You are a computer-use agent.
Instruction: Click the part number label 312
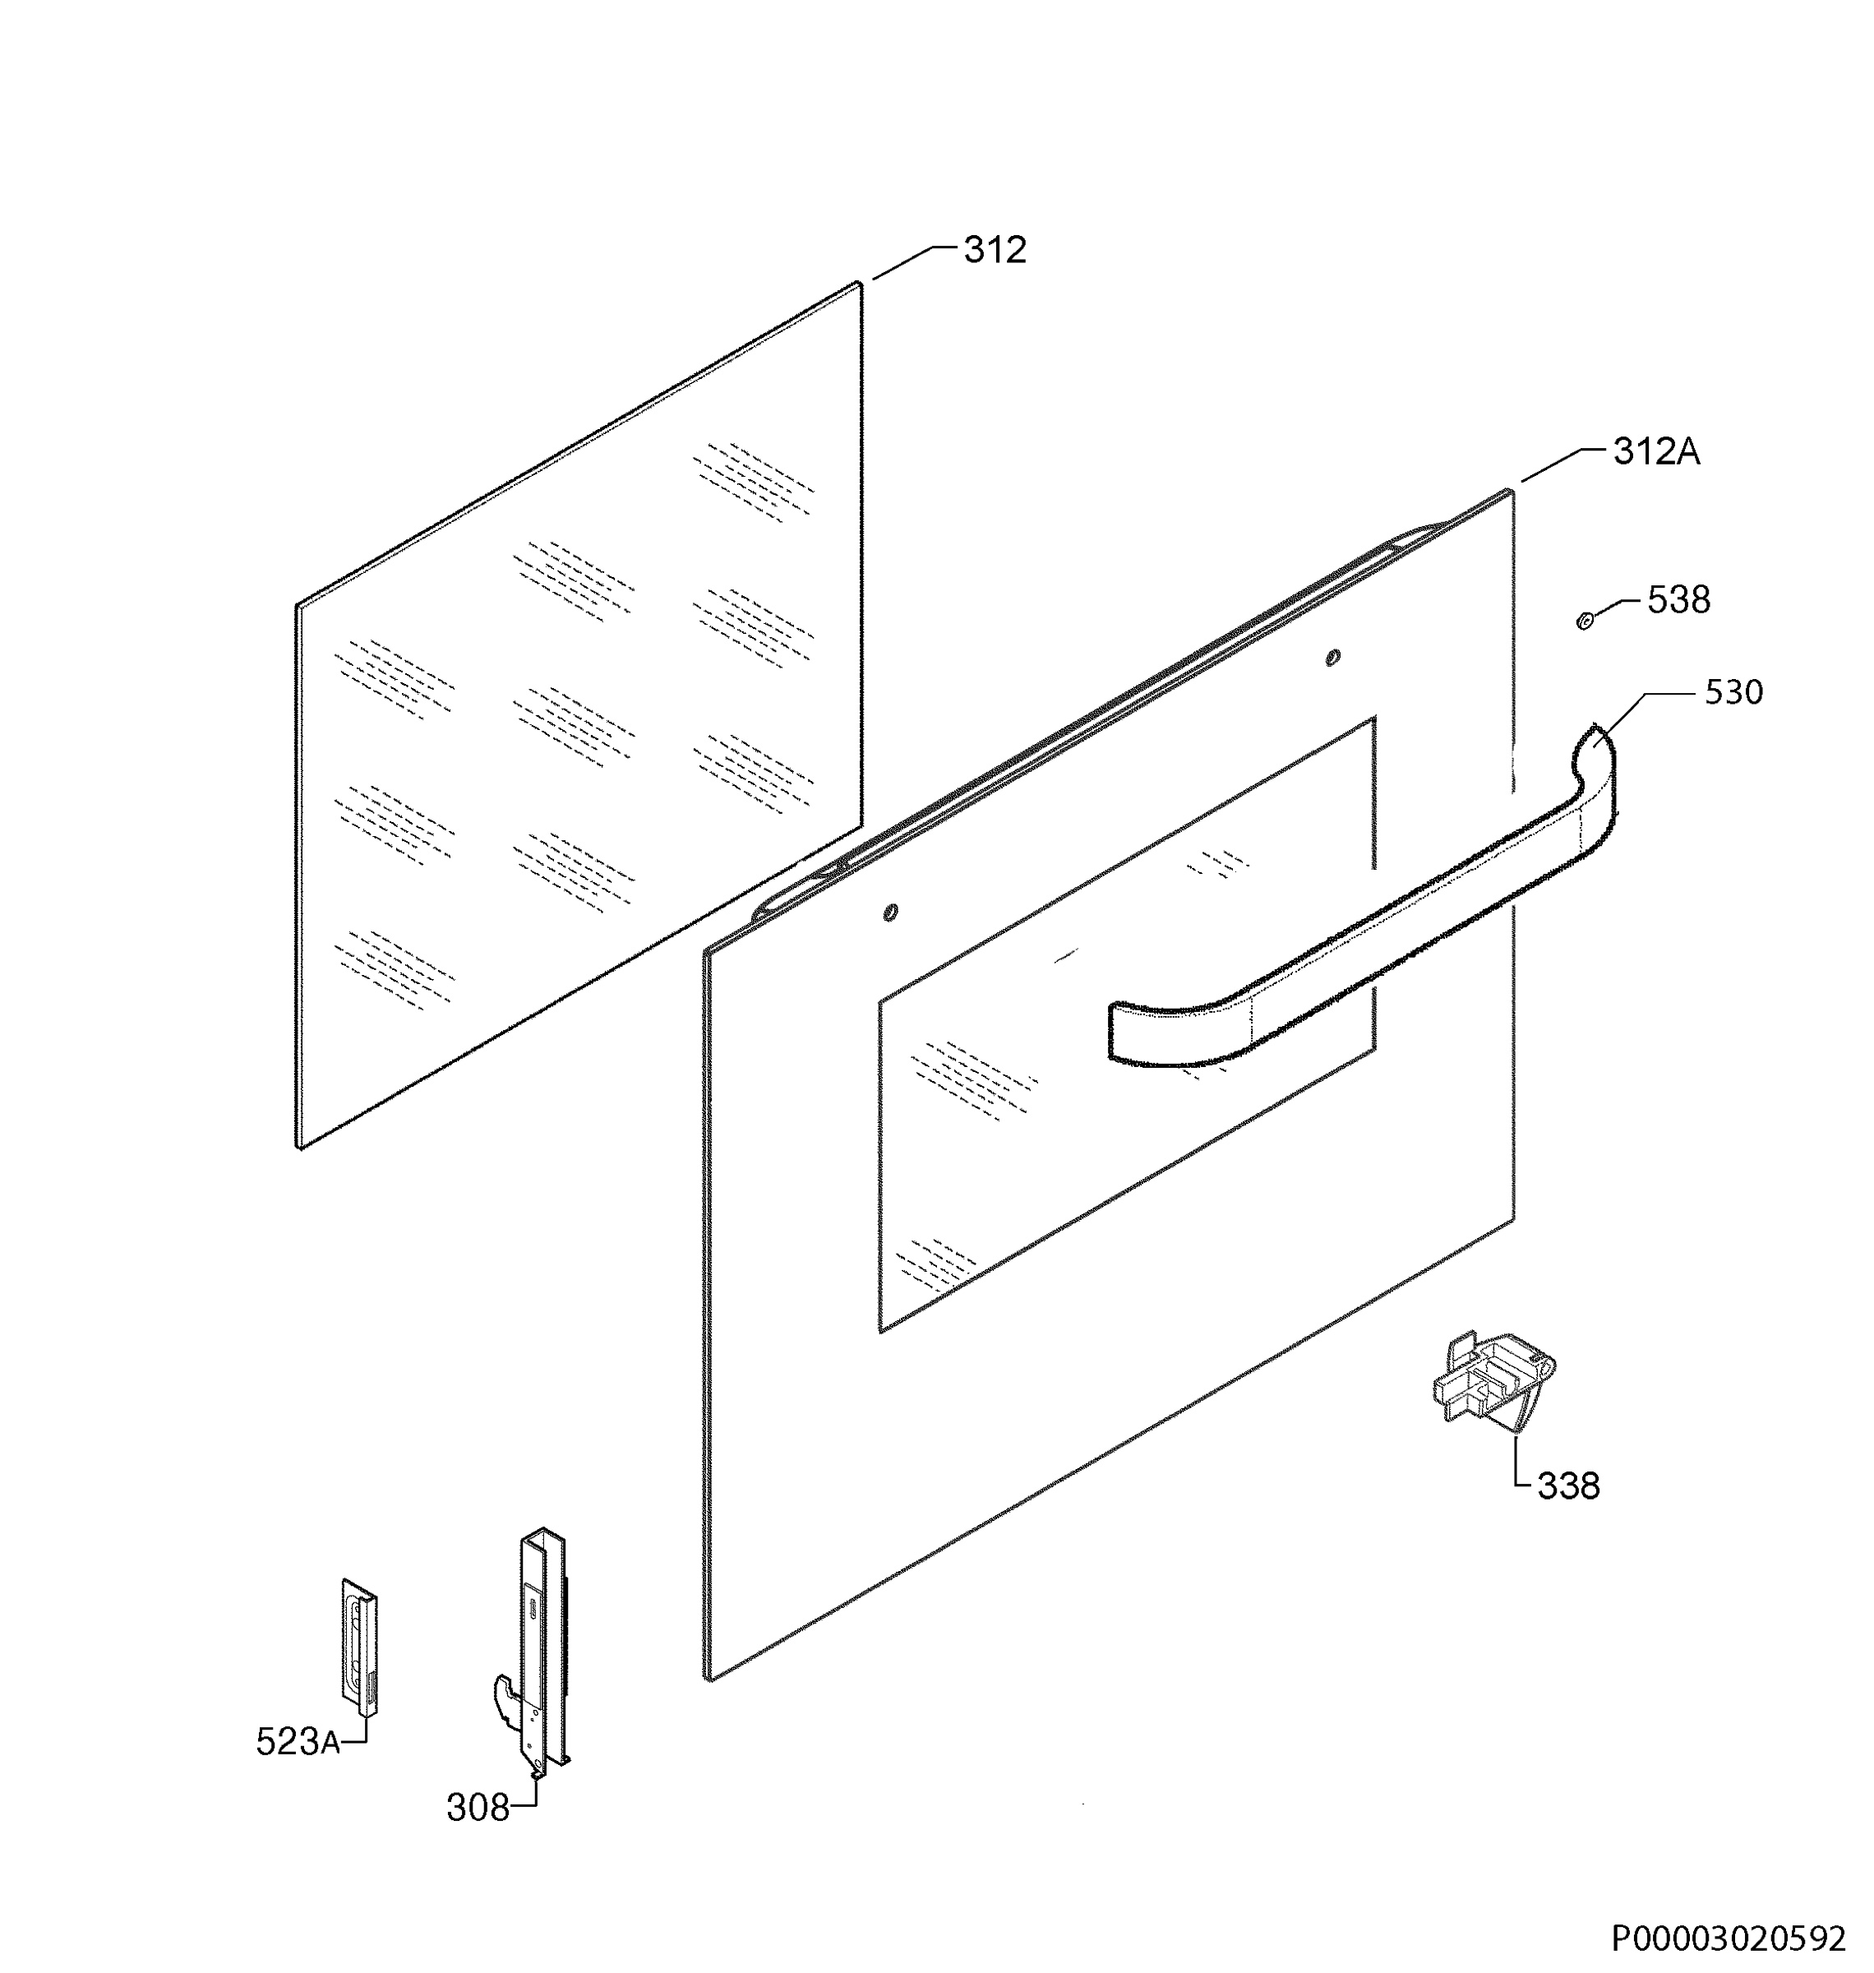(995, 250)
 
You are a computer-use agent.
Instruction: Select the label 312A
(1656, 452)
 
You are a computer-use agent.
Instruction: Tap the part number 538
(1678, 600)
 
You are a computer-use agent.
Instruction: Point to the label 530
(1733, 692)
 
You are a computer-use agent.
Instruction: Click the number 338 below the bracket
(1568, 1486)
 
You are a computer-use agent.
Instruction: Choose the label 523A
(298, 1742)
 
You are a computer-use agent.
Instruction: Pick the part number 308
(478, 1808)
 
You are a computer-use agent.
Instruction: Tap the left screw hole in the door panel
(890, 912)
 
